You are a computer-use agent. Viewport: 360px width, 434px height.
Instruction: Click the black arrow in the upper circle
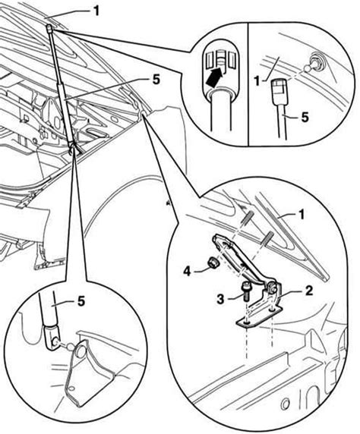[x=216, y=77]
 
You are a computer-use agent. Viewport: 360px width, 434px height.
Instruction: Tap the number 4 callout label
[x=188, y=272]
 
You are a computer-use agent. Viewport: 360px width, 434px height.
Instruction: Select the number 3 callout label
[x=220, y=299]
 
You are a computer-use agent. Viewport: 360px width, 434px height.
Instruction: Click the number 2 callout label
[x=309, y=291]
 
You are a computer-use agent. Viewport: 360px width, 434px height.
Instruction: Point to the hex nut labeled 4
[x=213, y=262]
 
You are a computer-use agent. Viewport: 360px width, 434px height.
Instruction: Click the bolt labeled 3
[x=246, y=292]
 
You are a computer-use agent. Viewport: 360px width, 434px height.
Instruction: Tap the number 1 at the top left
[x=96, y=11]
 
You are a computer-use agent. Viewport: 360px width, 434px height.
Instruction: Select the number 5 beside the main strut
[x=156, y=80]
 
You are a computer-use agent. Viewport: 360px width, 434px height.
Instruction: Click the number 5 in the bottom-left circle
[x=81, y=301]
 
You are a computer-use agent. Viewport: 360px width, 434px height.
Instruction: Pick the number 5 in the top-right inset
[x=305, y=117]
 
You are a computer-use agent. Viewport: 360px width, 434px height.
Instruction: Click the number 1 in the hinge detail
[x=301, y=215]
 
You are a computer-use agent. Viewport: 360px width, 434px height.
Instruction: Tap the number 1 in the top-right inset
[x=257, y=81]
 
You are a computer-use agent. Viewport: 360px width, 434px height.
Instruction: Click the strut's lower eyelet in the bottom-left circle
[x=52, y=337]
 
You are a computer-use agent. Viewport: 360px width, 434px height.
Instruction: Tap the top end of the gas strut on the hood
[x=49, y=28]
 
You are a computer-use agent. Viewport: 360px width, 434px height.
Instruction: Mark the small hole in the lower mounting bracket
[x=71, y=388]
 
